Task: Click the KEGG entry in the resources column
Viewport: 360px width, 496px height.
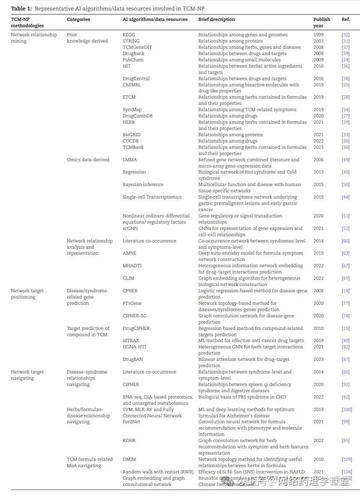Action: [x=128, y=35]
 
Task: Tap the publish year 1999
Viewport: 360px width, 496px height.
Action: [x=319, y=35]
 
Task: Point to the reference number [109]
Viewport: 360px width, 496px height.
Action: [x=346, y=459]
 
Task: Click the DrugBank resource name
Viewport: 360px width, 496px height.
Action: [x=133, y=53]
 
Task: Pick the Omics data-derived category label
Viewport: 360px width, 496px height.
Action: [x=88, y=160]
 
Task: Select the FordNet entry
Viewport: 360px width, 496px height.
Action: [x=132, y=421]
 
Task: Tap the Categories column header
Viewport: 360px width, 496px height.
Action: [x=79, y=20]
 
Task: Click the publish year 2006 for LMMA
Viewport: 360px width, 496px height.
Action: [x=319, y=160]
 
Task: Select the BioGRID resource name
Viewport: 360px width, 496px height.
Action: [x=132, y=135]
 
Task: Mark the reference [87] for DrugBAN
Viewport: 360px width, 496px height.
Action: [x=346, y=359]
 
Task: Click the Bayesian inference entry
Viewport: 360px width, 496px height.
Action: [x=143, y=185]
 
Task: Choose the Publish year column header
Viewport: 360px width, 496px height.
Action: [x=321, y=23]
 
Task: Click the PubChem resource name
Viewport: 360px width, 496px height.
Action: [x=133, y=60]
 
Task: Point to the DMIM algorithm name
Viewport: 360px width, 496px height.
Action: [x=130, y=459]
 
